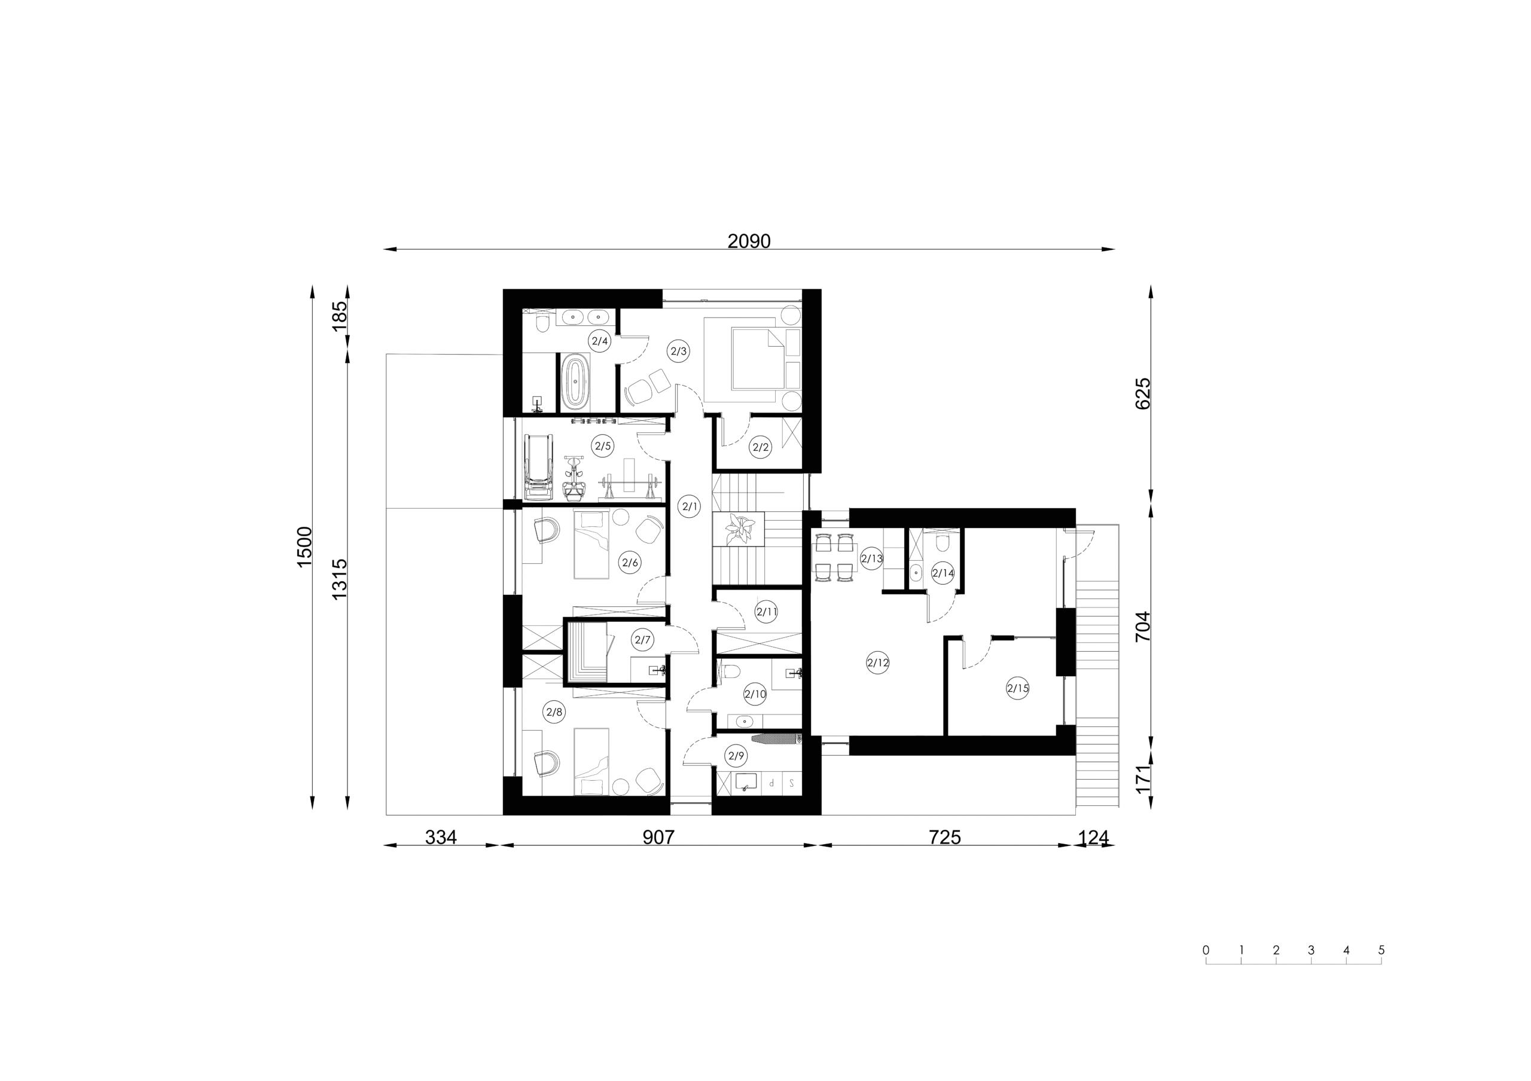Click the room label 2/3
(678, 350)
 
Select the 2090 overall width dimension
(749, 242)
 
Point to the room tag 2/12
(877, 663)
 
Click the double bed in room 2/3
(752, 360)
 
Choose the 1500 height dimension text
(304, 547)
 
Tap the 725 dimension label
(944, 837)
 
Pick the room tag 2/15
(1017, 688)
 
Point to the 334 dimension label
(441, 837)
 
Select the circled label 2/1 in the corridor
(690, 506)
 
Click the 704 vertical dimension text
(1143, 627)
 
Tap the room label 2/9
(736, 756)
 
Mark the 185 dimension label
(340, 316)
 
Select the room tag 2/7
(643, 640)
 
